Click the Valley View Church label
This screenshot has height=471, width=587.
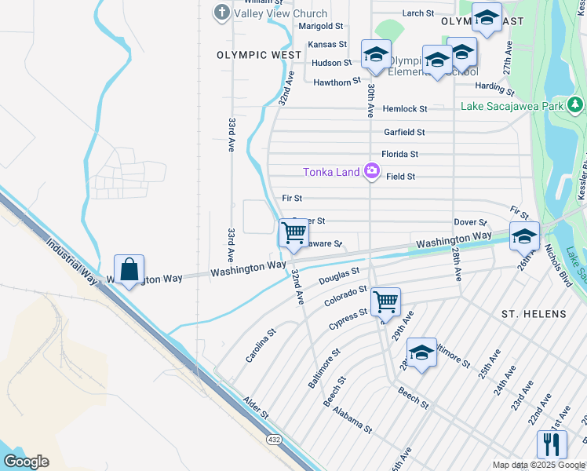[x=271, y=13]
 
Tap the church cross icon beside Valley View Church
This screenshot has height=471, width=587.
[x=222, y=13]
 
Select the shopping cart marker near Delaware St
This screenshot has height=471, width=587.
[x=293, y=233]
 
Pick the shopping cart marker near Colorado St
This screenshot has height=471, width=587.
[x=385, y=301]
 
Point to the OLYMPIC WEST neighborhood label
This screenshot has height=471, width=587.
[x=259, y=56]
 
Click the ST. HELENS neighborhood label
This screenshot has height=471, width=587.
[x=534, y=314]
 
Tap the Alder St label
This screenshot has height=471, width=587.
[x=255, y=407]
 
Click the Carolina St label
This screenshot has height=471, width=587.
[x=261, y=345]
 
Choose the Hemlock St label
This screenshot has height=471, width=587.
[x=405, y=109]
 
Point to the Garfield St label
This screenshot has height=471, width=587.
[x=404, y=133]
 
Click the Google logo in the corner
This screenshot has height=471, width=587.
[x=26, y=462]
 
